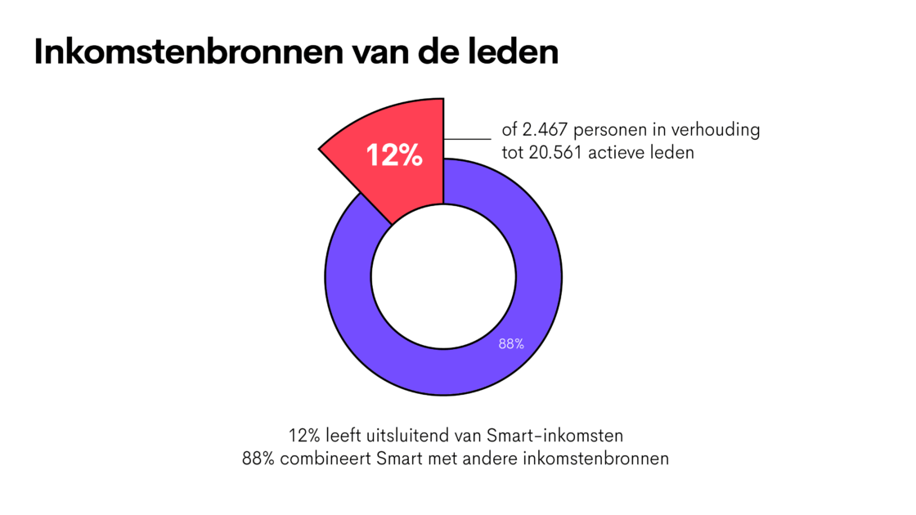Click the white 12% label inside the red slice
pyautogui.click(x=394, y=154)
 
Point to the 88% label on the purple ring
pyautogui.click(x=511, y=345)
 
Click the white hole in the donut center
pyautogui.click(x=443, y=278)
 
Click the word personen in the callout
pyautogui.click(x=617, y=130)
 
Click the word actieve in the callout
pyautogui.click(x=626, y=153)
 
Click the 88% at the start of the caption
pyautogui.click(x=258, y=458)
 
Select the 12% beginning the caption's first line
pyautogui.click(x=303, y=434)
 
